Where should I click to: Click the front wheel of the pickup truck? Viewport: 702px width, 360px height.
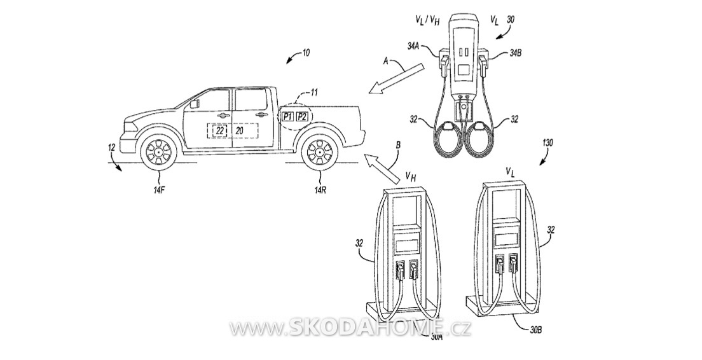159,151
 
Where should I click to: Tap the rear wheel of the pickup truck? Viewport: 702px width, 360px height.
320,151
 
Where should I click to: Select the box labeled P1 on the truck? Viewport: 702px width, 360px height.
287,117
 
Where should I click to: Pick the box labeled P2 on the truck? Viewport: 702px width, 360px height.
302,117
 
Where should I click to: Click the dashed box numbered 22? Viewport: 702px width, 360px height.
219,130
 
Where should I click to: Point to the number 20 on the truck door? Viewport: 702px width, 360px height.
240,130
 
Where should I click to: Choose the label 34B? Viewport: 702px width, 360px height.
514,52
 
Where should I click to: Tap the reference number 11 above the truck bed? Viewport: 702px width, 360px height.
314,92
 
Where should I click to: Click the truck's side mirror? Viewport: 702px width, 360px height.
195,104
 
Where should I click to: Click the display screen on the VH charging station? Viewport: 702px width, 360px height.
407,245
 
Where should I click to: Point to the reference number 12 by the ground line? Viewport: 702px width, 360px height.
112,146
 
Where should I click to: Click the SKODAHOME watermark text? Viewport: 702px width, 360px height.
350,328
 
